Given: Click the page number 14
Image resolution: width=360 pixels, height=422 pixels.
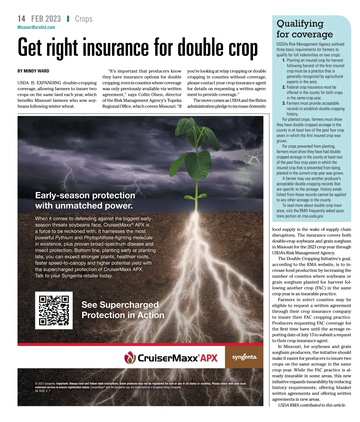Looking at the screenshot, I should click(21, 19).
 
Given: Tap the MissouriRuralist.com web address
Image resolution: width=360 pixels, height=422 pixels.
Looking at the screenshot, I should click(36, 27).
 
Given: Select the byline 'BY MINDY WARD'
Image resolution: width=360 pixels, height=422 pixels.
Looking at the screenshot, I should click(33, 71).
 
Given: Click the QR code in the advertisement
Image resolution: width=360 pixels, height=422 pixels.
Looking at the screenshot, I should click(54, 310).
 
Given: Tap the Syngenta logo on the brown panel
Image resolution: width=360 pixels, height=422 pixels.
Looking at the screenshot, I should click(244, 357).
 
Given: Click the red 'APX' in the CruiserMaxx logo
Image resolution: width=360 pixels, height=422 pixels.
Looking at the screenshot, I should click(209, 358).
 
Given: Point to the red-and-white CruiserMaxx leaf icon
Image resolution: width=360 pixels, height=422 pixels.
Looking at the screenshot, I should click(130, 357).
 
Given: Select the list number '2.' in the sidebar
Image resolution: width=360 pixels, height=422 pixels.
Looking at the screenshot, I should click(284, 87).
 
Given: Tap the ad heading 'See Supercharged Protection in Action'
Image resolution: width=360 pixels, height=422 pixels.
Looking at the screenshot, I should click(123, 310).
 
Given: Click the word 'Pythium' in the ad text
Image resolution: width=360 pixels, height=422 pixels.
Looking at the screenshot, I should click(64, 238).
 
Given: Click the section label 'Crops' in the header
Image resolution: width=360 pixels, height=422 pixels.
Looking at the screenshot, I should click(84, 19).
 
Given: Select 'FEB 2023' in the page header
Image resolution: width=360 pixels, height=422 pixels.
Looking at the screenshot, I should click(46, 19).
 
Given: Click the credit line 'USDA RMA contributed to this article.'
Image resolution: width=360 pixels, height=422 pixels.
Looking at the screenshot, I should click(312, 405).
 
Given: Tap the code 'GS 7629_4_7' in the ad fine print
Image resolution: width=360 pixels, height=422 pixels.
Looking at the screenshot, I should click(43, 391).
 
